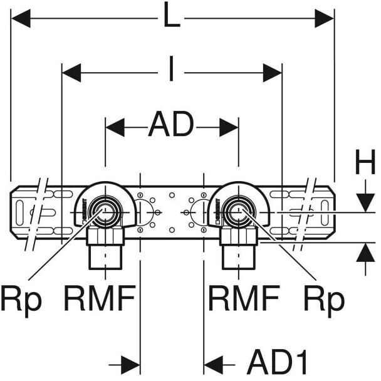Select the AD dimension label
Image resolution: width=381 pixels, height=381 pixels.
tap(171, 124)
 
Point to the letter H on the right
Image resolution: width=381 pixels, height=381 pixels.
tap(365, 162)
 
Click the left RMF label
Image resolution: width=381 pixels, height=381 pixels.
tap(100, 298)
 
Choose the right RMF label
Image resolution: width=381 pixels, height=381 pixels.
tap(244, 298)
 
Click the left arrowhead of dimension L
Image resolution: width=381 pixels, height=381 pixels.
tap(21, 18)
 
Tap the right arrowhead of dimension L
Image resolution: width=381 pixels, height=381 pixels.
tap(325, 18)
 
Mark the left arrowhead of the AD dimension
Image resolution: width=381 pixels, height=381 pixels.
tap(115, 127)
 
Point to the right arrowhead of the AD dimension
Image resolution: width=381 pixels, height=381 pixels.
tap(229, 127)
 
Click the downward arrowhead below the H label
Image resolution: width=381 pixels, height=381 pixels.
tap(365, 202)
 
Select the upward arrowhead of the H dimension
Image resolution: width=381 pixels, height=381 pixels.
tap(365, 252)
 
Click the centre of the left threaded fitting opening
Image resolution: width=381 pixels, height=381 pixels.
tap(105, 212)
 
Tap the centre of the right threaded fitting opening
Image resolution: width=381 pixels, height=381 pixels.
tap(238, 212)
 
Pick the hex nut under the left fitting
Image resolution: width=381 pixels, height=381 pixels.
tap(105, 236)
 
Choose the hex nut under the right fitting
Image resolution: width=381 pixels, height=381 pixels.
tap(238, 236)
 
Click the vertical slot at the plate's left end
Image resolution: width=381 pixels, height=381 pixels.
tap(19, 212)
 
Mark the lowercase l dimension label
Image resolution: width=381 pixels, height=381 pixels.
tap(171, 68)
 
